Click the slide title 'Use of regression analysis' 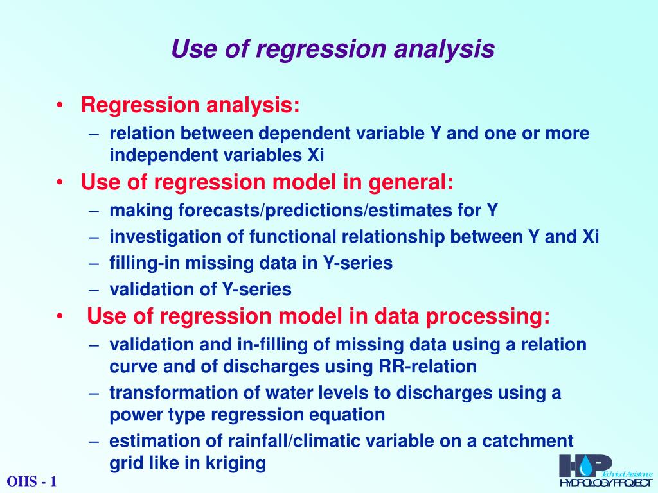click(333, 49)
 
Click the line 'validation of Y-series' click(200, 290)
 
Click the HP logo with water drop click(585, 465)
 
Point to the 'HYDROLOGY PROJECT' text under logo click(605, 483)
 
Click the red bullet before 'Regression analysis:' click(59, 105)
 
